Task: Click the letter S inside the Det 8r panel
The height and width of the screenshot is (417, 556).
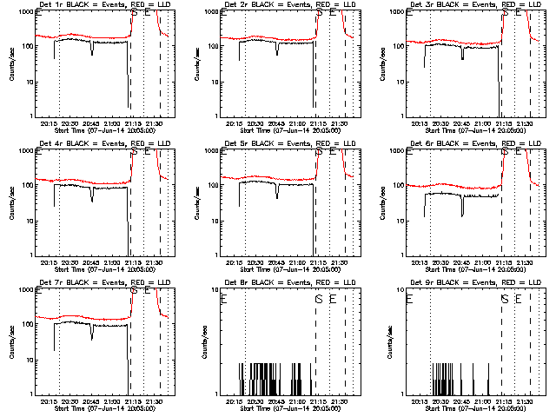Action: [319, 299]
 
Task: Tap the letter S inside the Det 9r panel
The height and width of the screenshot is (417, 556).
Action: [504, 299]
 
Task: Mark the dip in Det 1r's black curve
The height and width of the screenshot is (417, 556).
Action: [92, 51]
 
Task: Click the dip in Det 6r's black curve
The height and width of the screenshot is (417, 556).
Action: [462, 212]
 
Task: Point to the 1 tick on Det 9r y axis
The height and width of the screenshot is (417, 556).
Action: [401, 394]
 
